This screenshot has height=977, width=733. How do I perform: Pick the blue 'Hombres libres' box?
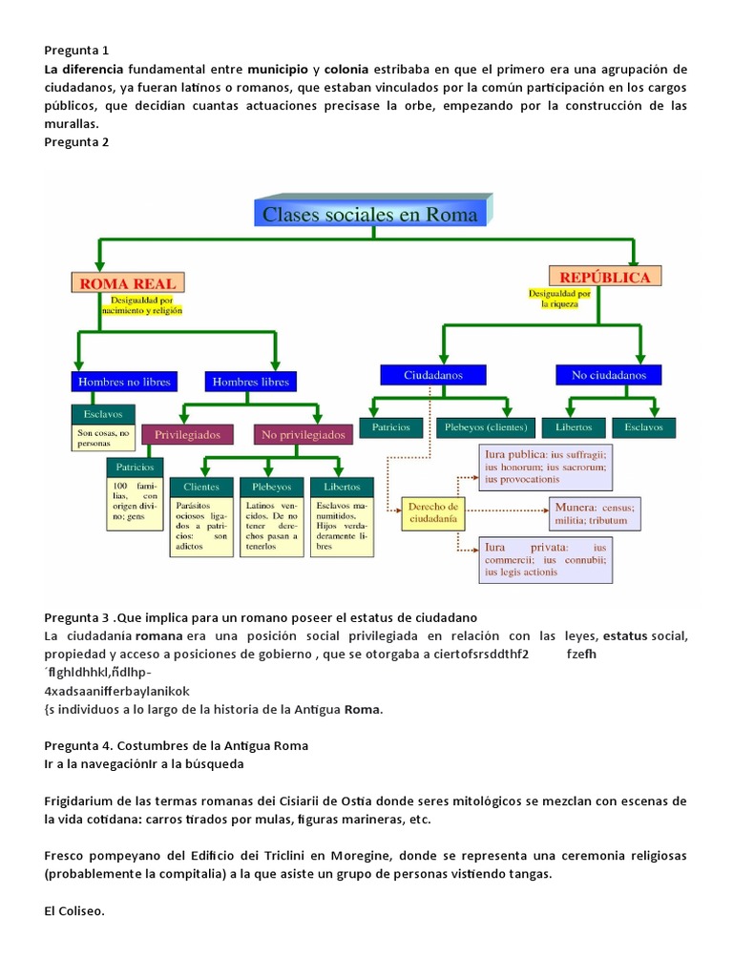point(247,382)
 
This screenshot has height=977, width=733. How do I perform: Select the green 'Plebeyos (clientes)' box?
point(486,426)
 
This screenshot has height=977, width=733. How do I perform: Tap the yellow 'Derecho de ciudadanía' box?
point(433,513)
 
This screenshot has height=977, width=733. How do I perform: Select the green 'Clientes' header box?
point(200,487)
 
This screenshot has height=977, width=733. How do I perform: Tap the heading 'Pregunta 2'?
point(77,142)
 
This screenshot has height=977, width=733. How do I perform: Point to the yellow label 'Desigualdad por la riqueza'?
point(559,299)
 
